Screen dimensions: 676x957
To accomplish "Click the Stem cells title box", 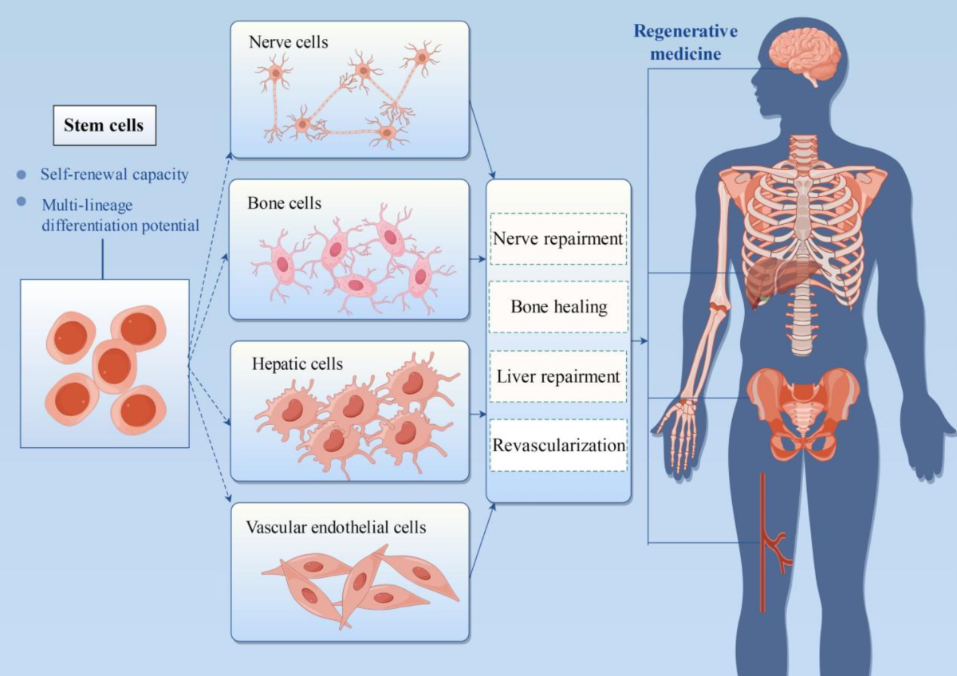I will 104,126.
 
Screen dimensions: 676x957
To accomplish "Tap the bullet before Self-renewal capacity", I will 22,174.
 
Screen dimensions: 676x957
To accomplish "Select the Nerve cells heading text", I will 288,42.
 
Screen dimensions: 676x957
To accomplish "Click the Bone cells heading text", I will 285,202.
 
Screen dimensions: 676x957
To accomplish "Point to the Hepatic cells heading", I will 297,364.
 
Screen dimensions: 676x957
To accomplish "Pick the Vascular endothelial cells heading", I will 336,527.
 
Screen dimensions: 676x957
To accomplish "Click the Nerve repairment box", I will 557,238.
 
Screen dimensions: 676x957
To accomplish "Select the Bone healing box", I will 558,306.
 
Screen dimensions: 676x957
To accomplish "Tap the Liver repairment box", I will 557,375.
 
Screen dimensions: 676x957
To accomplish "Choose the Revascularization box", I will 558,445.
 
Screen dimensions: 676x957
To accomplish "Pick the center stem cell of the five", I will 114,365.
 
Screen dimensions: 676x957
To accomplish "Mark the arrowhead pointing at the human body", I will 643,342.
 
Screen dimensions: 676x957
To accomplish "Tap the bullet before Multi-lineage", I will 22,202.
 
